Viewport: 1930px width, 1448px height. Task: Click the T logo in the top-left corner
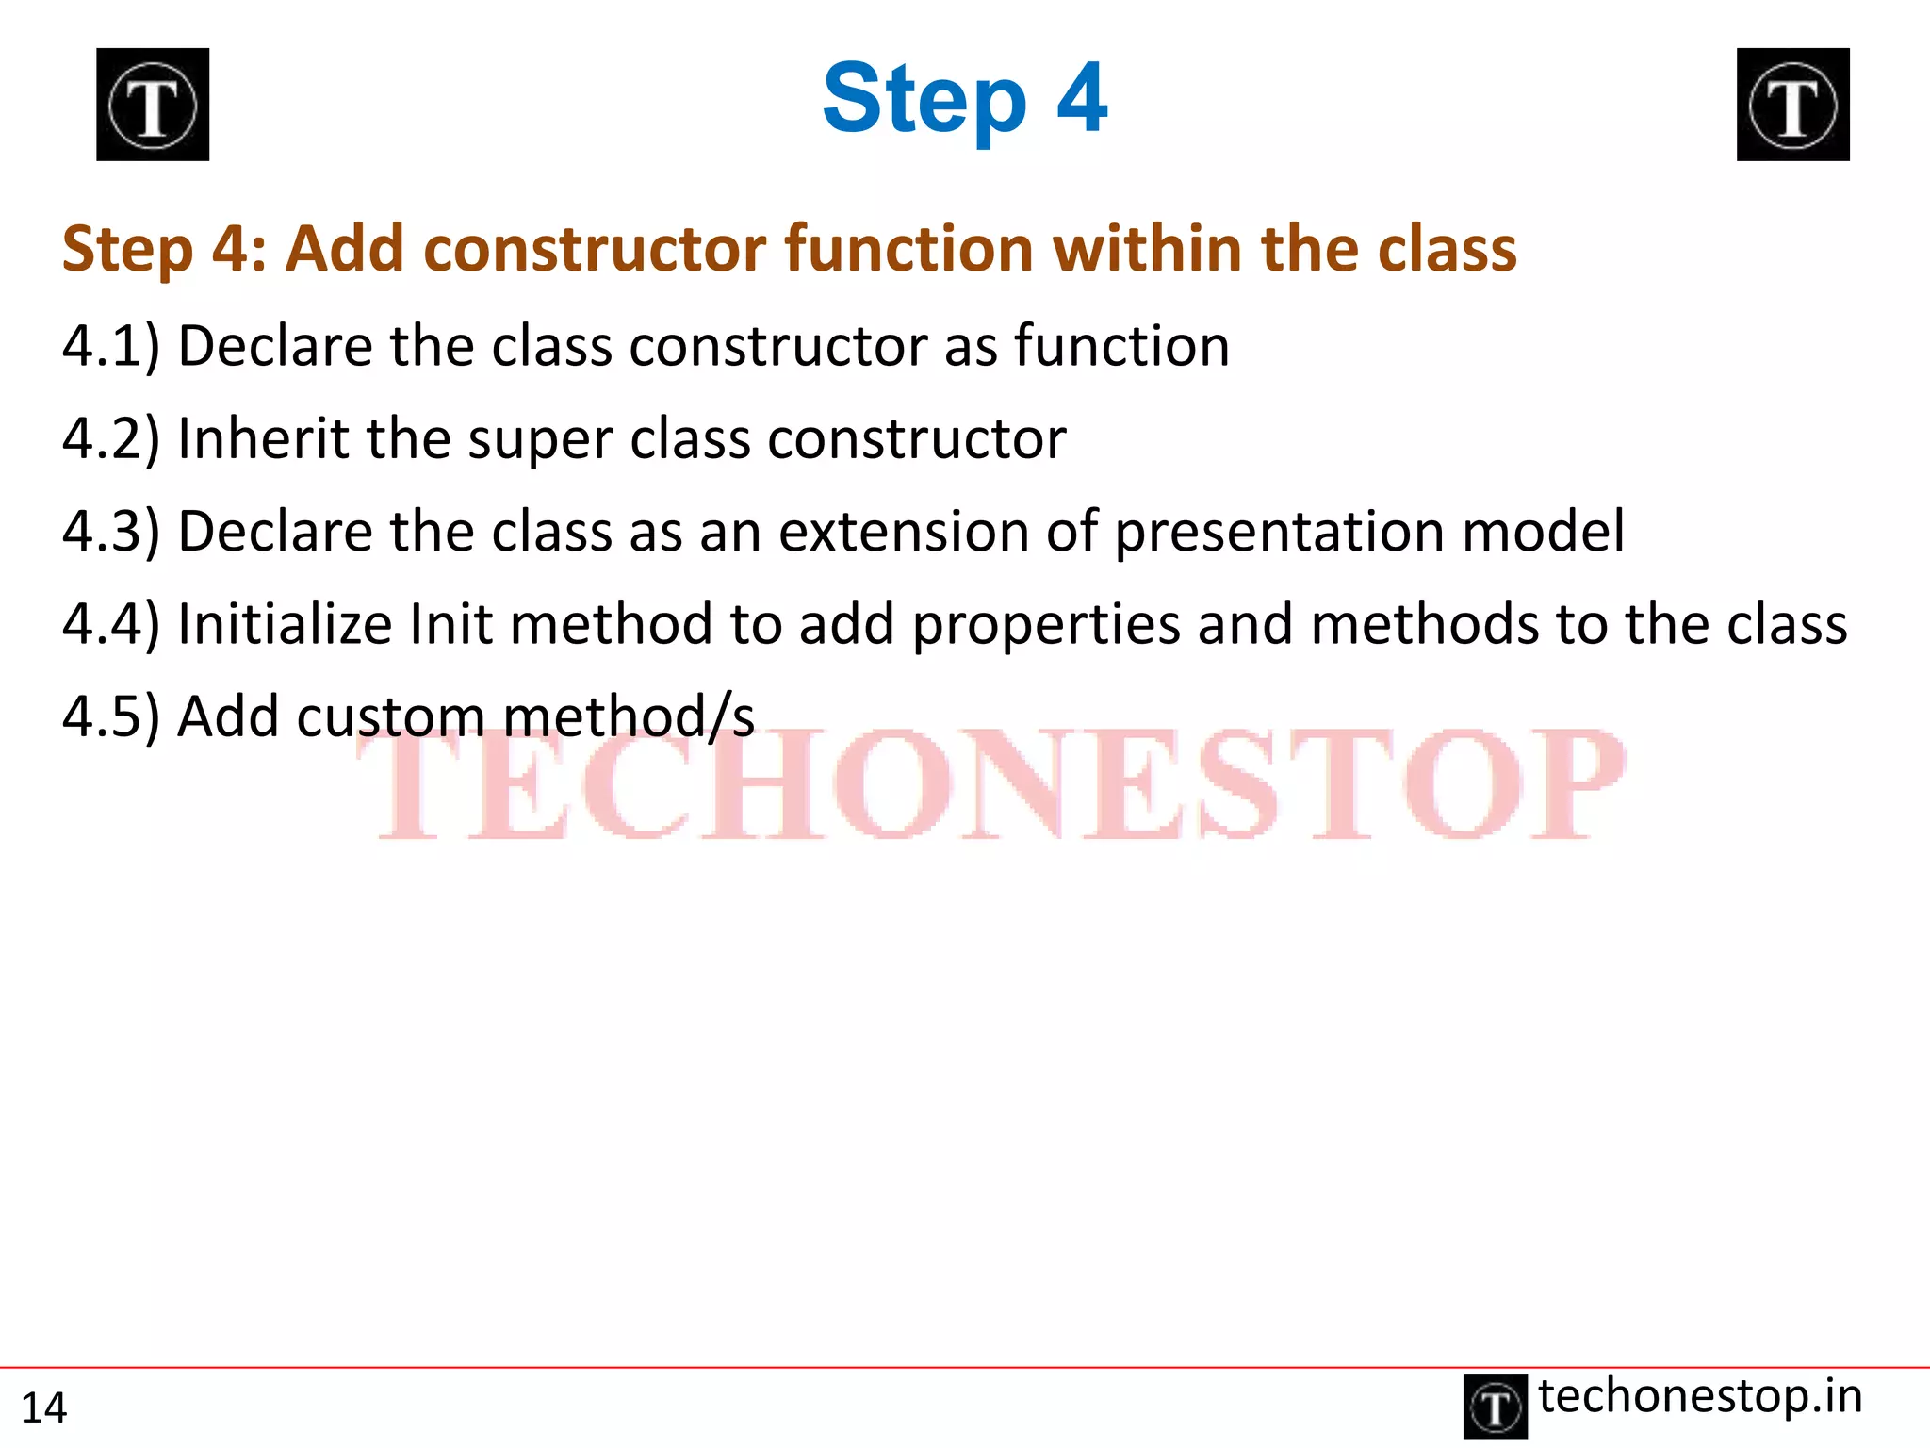coord(153,105)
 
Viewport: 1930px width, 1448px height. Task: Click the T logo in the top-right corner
coord(1792,105)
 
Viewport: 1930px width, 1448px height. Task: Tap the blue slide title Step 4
coord(964,98)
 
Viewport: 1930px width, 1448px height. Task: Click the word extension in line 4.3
coord(903,532)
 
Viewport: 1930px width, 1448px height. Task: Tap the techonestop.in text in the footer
coord(1700,1397)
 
